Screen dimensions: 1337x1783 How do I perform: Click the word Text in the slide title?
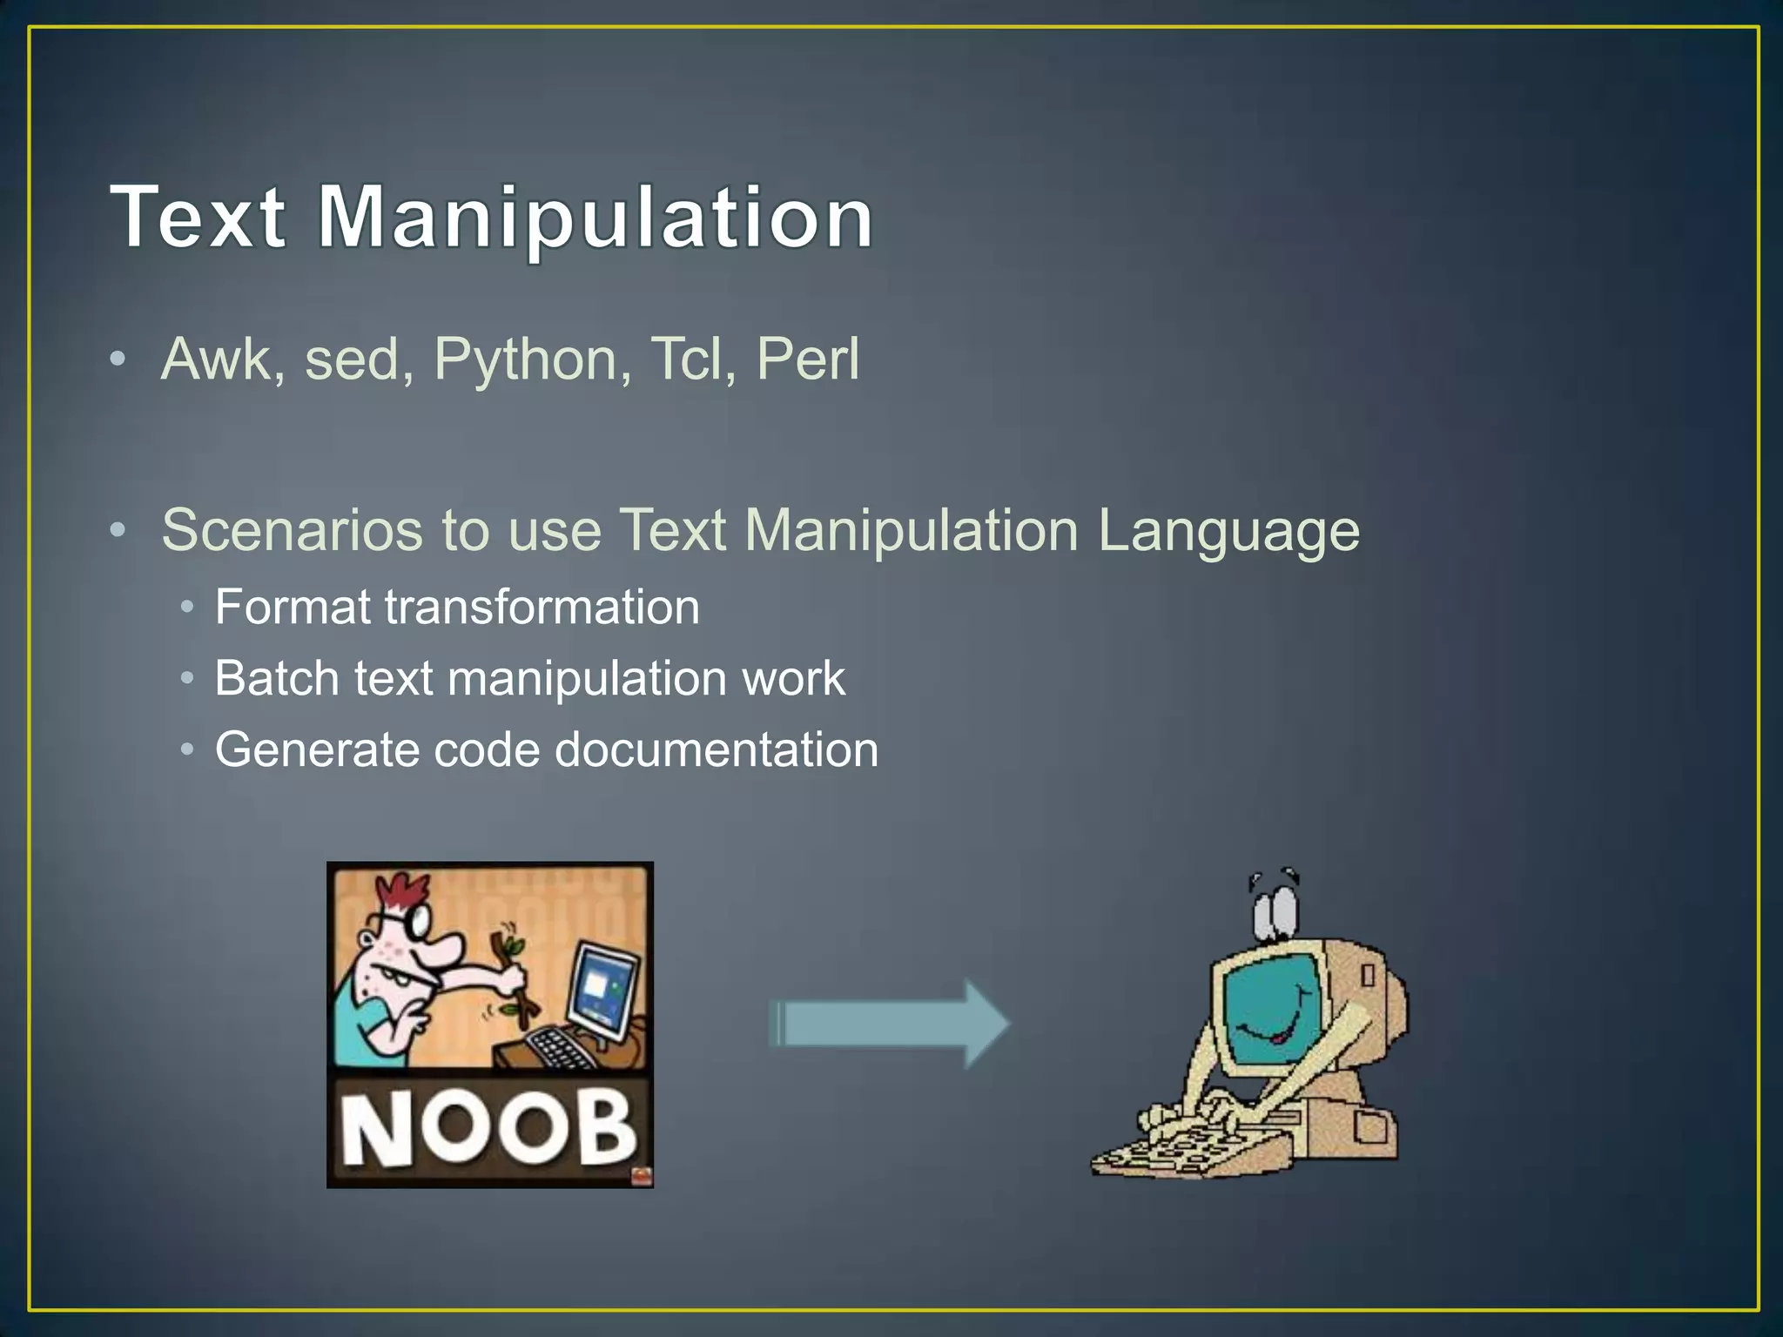click(198, 217)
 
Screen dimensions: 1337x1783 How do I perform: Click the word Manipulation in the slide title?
click(595, 218)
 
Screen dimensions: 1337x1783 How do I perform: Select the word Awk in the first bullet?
click(217, 359)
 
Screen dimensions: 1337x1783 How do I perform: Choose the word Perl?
click(808, 359)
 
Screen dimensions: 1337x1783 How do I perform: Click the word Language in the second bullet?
click(1228, 531)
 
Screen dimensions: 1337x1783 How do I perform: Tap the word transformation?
click(542, 607)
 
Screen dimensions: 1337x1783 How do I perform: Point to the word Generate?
click(316, 749)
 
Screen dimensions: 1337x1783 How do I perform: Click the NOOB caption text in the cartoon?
click(488, 1129)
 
